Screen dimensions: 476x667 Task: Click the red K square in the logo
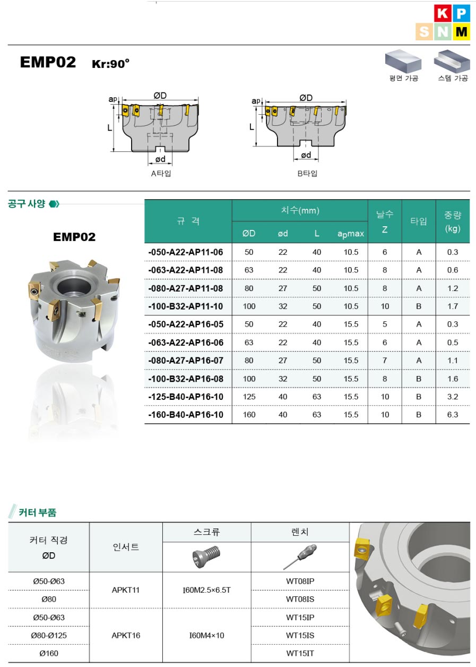pos(443,13)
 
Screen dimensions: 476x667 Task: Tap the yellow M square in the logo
pos(461,31)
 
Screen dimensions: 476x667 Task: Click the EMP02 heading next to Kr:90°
pos(48,62)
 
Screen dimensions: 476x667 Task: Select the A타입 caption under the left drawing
pos(161,173)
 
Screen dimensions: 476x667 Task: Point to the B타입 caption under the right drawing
pos(307,173)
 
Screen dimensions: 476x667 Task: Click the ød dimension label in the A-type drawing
pos(160,159)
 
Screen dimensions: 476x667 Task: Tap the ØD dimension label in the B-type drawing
pos(306,98)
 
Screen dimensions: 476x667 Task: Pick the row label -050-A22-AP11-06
pos(186,252)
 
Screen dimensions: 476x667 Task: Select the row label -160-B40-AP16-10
pos(186,415)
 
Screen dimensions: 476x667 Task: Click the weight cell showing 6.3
pos(453,415)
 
